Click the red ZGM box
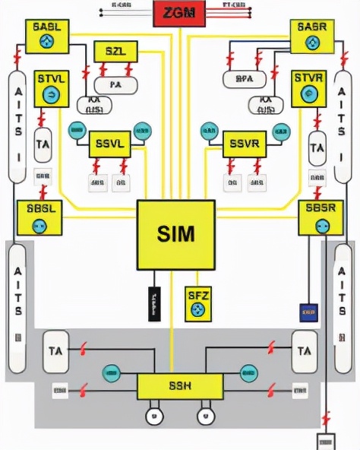click(x=179, y=13)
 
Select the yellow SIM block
click(x=175, y=234)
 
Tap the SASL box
click(x=47, y=36)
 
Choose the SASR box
click(x=312, y=36)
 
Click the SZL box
click(x=115, y=52)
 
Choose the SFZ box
click(x=197, y=303)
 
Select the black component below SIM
click(x=154, y=304)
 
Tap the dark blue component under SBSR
click(x=308, y=312)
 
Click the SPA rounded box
click(x=244, y=78)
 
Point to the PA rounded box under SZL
click(x=115, y=85)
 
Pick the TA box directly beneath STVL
click(x=43, y=143)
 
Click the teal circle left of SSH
click(x=112, y=372)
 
